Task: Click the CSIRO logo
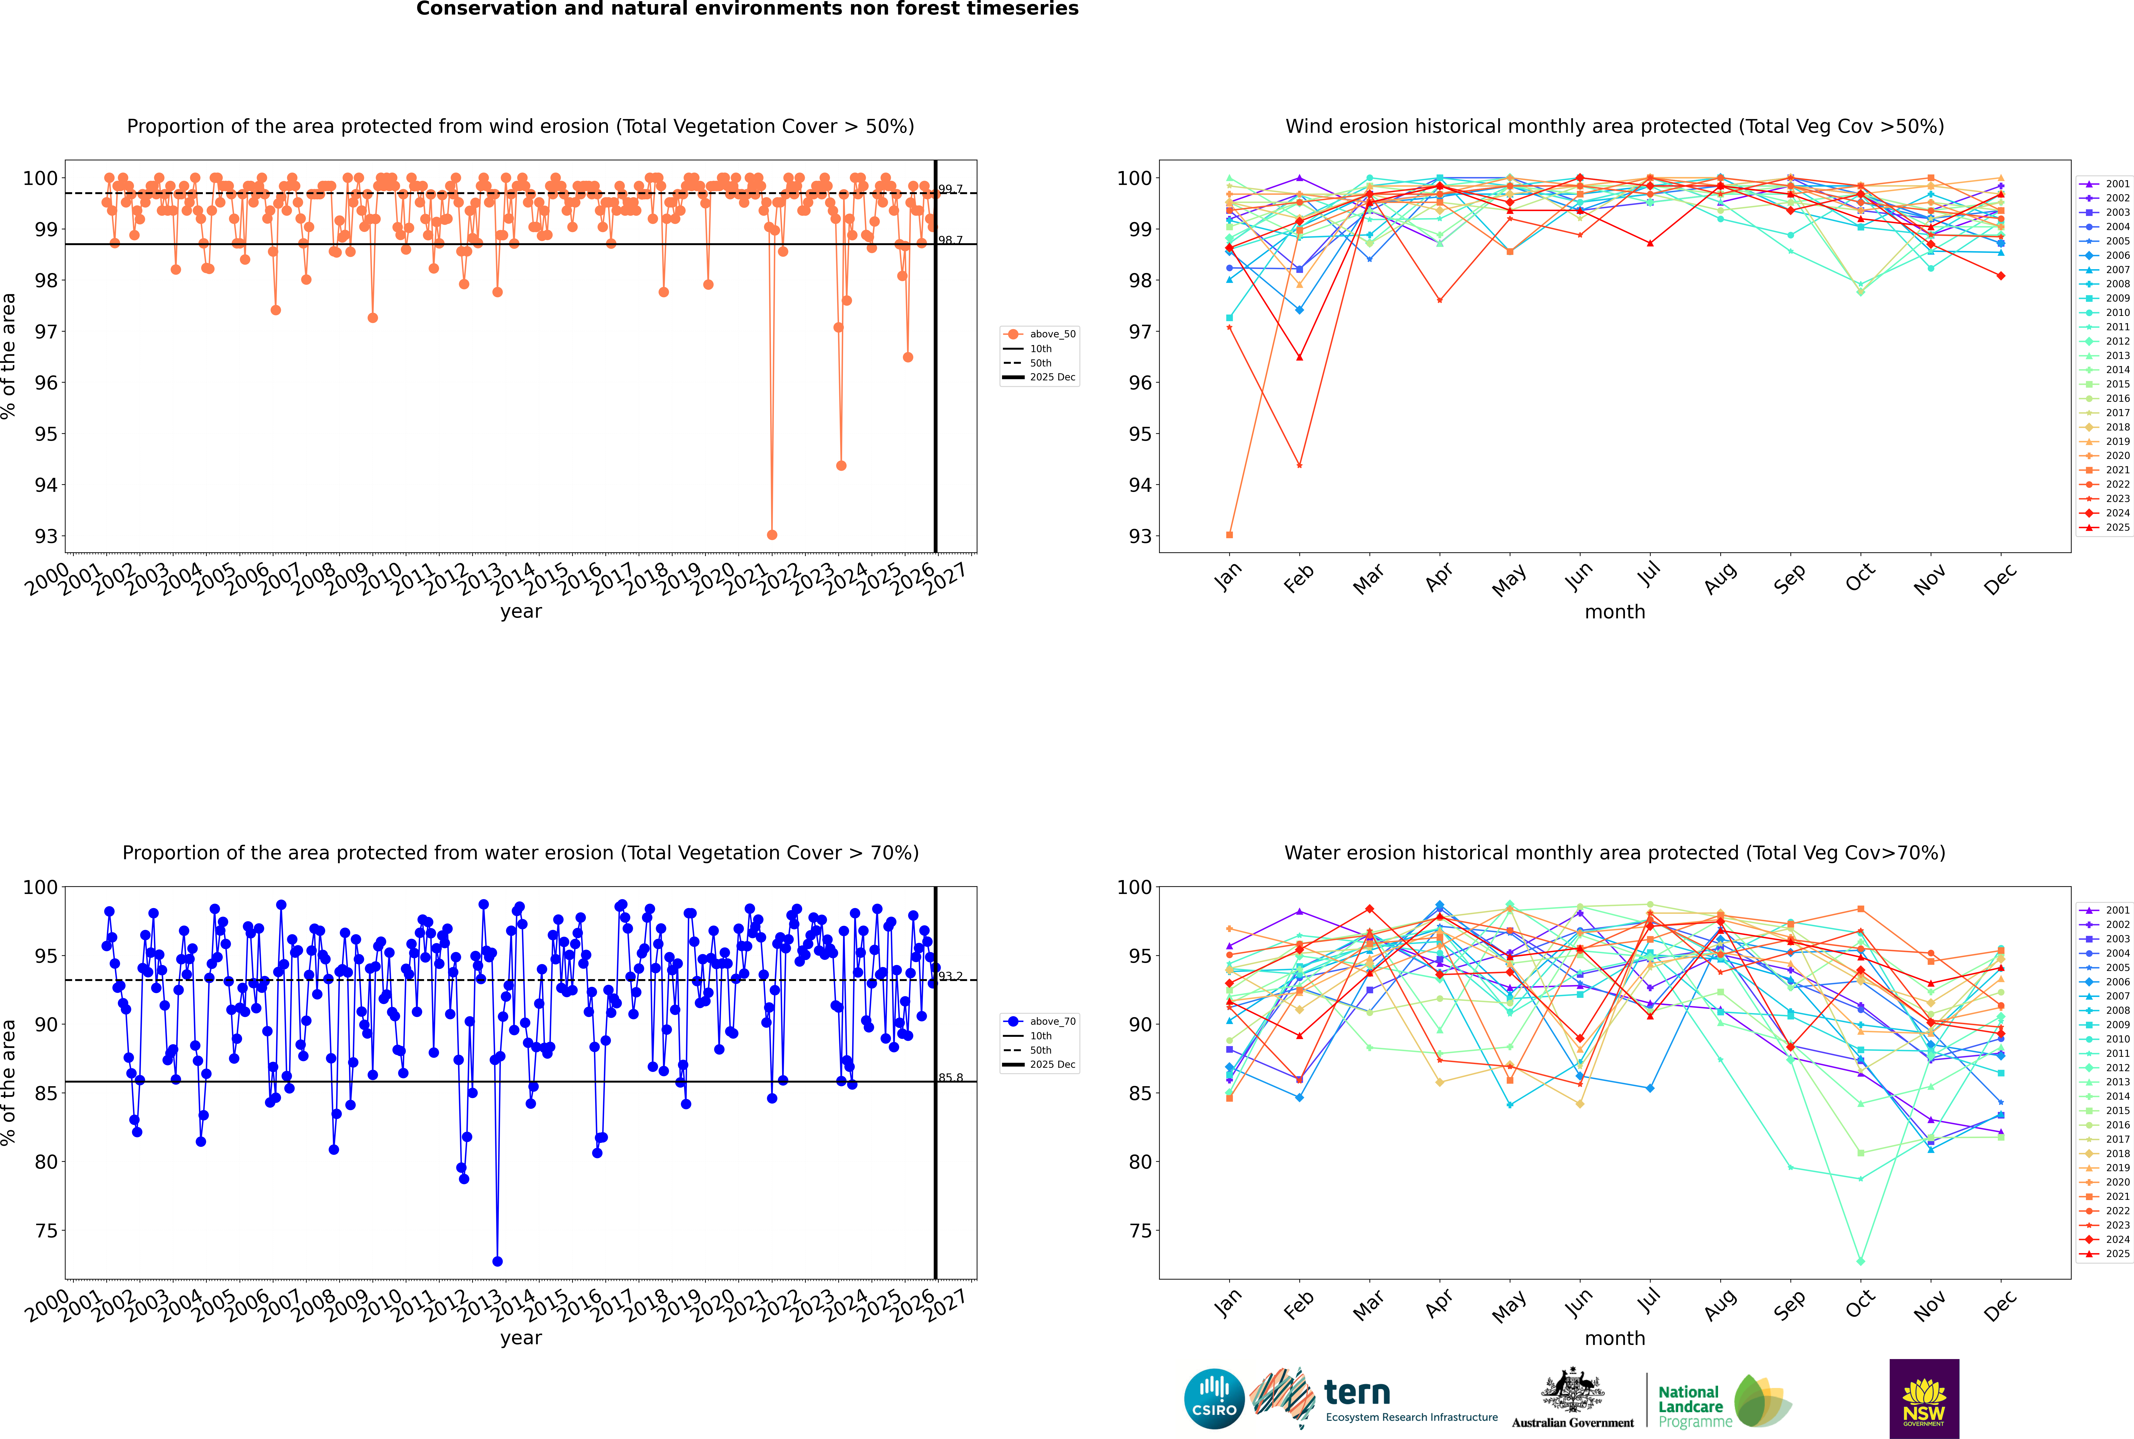(x=1214, y=1399)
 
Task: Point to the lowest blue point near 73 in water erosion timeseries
(x=497, y=1261)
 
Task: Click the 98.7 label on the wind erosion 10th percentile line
(x=951, y=241)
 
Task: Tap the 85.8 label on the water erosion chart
(x=951, y=1078)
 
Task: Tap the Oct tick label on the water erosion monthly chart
(x=1860, y=1303)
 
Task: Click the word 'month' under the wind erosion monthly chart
(x=1615, y=612)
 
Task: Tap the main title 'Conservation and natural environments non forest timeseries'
(x=747, y=9)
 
